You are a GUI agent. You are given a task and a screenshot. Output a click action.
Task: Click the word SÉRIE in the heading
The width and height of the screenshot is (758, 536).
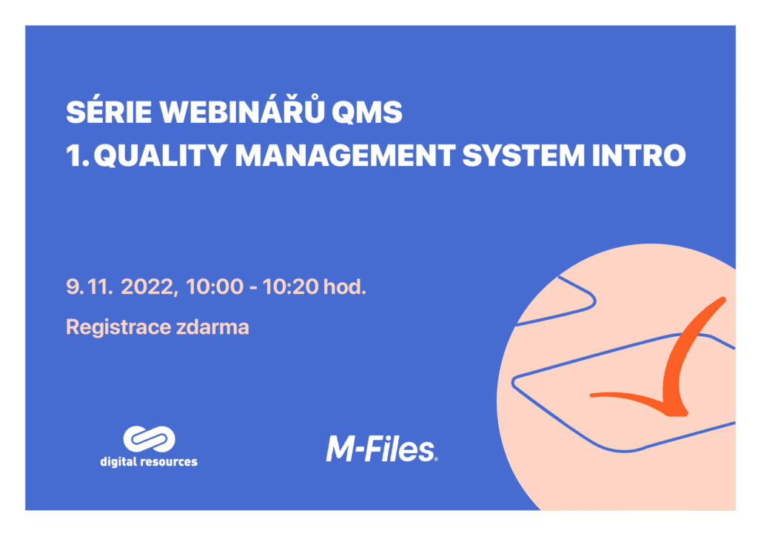(109, 112)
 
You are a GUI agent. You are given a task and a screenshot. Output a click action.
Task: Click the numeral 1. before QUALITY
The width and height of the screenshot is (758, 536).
(77, 156)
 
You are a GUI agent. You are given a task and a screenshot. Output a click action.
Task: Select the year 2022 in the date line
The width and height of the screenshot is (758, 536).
(148, 287)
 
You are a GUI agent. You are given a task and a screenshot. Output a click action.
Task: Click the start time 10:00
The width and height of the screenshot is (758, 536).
(214, 287)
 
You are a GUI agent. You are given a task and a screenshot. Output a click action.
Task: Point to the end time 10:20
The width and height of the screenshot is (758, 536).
(290, 287)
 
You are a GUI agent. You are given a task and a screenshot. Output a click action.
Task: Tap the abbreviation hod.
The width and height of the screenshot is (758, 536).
(345, 287)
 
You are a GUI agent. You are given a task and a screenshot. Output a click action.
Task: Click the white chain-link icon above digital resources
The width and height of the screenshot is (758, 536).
(149, 439)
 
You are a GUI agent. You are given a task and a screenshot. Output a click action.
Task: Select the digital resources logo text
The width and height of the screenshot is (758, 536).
(149, 462)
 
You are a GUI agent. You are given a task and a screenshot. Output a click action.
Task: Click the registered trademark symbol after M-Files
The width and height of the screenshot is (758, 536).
(437, 459)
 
